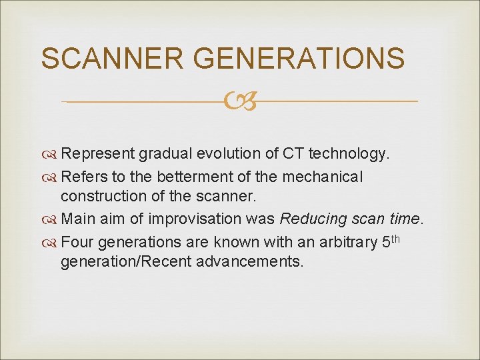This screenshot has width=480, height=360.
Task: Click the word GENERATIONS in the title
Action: (301, 59)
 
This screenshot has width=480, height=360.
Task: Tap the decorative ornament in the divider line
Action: (239, 101)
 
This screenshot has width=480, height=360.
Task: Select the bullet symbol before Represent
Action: (49, 154)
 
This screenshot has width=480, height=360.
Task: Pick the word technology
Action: (352, 154)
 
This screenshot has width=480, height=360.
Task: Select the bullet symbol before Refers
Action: (49, 177)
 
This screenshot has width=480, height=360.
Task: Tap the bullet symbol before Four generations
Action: (49, 241)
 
